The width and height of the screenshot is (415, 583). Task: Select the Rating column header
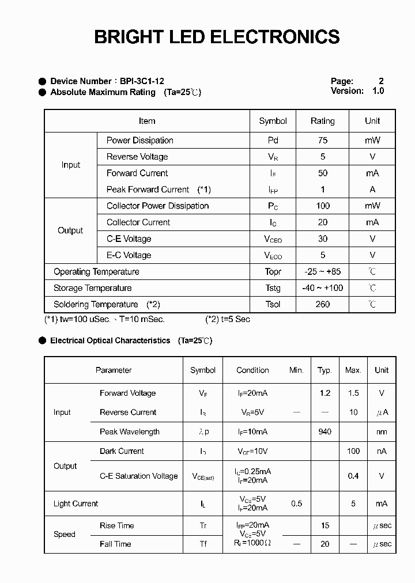tap(322, 121)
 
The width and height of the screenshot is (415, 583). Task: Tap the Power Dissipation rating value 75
tap(322, 140)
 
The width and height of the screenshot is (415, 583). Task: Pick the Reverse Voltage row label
tap(137, 157)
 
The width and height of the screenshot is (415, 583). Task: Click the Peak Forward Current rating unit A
tap(372, 190)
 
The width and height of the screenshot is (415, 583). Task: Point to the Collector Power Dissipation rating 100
tap(322, 206)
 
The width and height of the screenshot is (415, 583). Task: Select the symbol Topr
tap(273, 272)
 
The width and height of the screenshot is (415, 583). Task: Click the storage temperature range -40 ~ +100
tap(322, 288)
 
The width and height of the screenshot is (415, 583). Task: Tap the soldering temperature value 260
tap(322, 304)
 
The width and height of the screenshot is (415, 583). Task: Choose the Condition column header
tap(252, 370)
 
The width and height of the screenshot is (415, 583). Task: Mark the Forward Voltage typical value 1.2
tap(325, 393)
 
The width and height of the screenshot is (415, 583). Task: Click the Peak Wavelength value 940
tap(325, 431)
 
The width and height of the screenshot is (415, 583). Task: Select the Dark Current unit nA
tap(382, 451)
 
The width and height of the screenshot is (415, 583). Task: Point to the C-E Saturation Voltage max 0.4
tap(353, 476)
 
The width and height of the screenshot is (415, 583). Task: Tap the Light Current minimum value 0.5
tap(296, 503)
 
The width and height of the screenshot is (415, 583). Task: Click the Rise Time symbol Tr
tap(203, 525)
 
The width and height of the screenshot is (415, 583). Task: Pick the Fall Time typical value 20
tap(325, 544)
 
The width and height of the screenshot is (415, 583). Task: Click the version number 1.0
tap(378, 91)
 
